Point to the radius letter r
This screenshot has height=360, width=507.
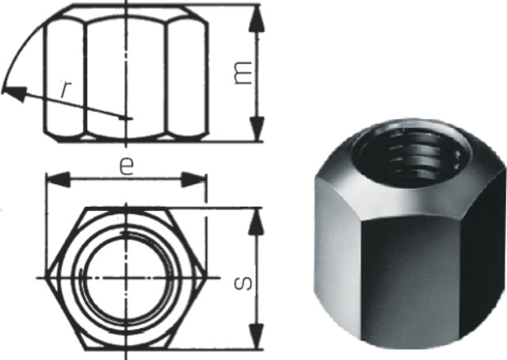67,89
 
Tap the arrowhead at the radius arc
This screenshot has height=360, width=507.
12,92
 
